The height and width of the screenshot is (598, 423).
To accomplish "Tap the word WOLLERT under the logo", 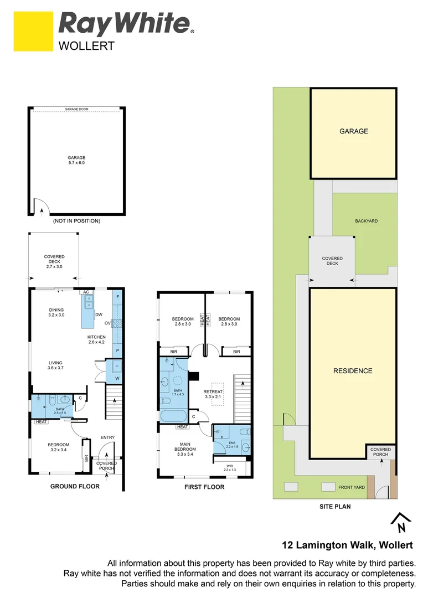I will tap(86, 46).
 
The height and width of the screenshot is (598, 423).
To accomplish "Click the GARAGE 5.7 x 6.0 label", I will tap(76, 160).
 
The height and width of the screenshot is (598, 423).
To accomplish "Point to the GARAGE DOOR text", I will tap(76, 110).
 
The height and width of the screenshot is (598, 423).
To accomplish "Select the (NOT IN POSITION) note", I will tap(76, 221).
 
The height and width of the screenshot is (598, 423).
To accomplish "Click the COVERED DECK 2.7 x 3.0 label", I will tap(54, 262).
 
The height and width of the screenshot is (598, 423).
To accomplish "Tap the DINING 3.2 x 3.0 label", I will tap(56, 313).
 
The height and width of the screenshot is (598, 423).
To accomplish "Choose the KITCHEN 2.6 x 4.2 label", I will tap(96, 339).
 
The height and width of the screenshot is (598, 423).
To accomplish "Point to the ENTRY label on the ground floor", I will tap(107, 437).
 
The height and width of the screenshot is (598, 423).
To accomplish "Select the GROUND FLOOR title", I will tap(75, 487).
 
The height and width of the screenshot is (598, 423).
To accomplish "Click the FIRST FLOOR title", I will tap(205, 487).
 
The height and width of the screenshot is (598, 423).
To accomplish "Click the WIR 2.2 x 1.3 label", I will tap(229, 467).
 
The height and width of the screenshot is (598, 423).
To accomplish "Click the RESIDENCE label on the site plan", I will tap(353, 371).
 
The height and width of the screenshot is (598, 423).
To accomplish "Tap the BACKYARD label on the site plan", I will tap(366, 221).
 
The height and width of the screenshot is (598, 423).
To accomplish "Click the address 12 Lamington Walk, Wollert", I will tap(348, 546).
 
